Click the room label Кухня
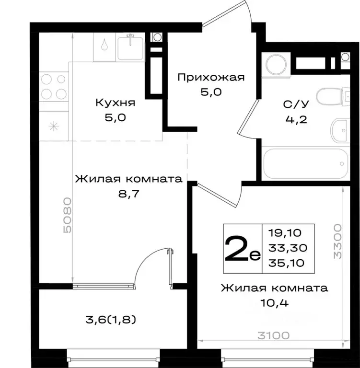pyautogui.click(x=115, y=103)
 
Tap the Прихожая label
pyautogui.click(x=211, y=77)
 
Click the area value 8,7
pyautogui.click(x=129, y=194)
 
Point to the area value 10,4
pyautogui.click(x=274, y=303)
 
